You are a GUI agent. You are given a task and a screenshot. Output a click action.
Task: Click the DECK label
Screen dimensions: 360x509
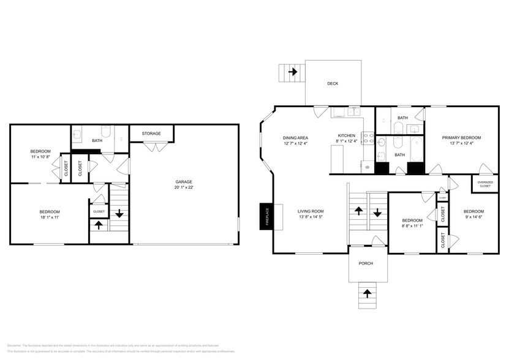[333, 83]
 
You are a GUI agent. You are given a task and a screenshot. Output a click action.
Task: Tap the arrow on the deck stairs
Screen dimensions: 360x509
[293, 72]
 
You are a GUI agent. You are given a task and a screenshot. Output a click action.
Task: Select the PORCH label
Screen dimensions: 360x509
[366, 263]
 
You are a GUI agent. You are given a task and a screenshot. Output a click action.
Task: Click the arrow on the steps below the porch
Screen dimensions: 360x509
[367, 293]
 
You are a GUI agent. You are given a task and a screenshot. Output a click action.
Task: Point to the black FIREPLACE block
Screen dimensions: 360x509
[264, 216]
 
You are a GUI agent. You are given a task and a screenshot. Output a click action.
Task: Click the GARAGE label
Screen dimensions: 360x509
[184, 182]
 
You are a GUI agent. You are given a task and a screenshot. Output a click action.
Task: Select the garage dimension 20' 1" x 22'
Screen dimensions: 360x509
[184, 188]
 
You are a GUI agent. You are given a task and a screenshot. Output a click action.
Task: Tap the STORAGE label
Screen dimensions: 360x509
[151, 133]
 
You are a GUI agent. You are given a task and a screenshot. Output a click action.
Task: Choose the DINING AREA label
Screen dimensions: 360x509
[295, 138]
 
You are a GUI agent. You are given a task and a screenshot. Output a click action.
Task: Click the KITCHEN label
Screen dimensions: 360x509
[347, 136]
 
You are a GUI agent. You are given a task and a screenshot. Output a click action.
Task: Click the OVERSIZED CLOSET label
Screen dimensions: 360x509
[485, 184]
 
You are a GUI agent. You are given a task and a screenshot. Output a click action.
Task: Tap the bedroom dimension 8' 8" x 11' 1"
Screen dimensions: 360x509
[412, 226]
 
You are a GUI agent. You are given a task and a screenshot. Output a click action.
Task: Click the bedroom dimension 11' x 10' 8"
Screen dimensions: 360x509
[40, 157]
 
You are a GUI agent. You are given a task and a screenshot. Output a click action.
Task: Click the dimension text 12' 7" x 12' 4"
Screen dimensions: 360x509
[295, 144]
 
